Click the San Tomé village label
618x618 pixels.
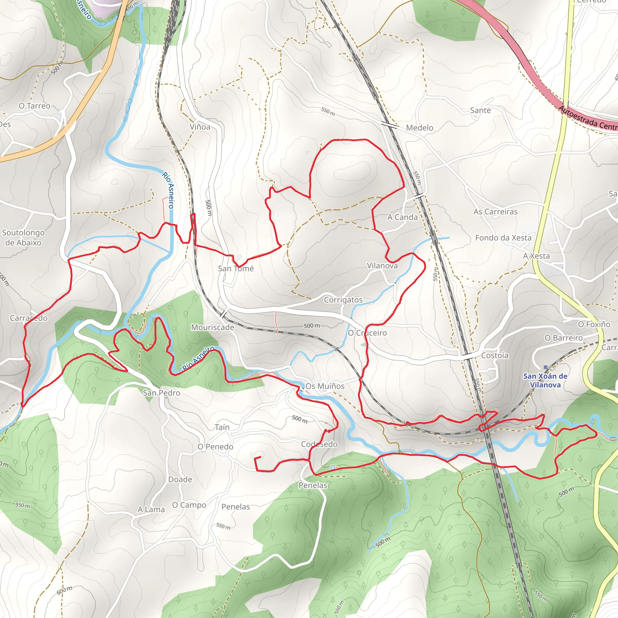(x=236, y=268)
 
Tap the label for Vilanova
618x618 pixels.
(x=382, y=266)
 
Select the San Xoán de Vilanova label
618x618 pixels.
(x=545, y=381)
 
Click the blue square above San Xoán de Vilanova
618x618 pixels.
(x=546, y=367)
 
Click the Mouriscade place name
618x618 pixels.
(x=212, y=327)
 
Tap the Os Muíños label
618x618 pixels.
(x=325, y=386)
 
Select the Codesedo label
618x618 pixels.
(x=319, y=444)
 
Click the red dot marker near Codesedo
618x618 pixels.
(x=329, y=431)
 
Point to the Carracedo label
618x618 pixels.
(x=28, y=318)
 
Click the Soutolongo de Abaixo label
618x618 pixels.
(x=23, y=237)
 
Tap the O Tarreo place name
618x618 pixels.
(x=34, y=106)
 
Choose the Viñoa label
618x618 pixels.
(x=200, y=127)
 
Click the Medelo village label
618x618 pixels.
(x=419, y=128)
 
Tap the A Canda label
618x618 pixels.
(x=403, y=217)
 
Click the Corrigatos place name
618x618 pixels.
(x=343, y=300)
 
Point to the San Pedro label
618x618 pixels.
(x=161, y=393)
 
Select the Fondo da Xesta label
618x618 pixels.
(x=503, y=238)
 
